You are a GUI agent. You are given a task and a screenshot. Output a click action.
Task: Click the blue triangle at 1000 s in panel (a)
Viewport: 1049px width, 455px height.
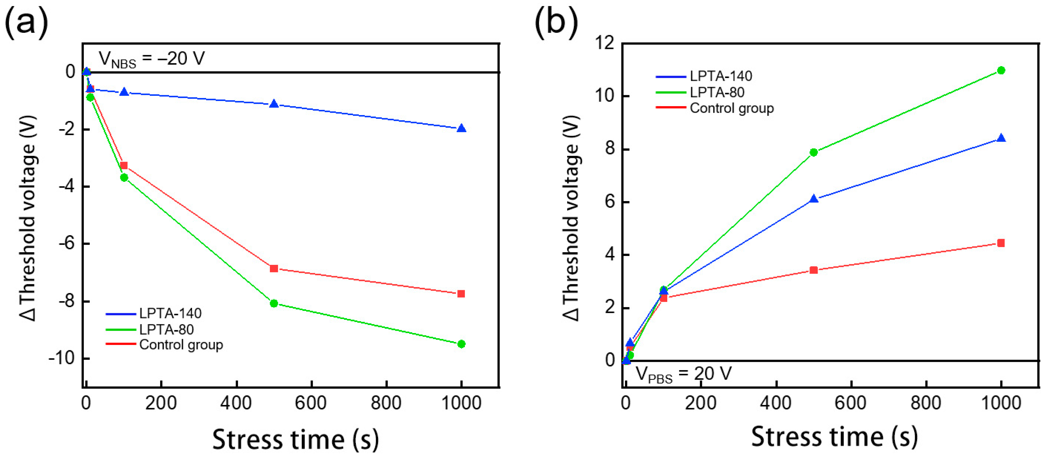[461, 128]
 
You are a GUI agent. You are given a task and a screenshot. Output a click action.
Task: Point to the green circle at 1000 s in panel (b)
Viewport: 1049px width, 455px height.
[1001, 70]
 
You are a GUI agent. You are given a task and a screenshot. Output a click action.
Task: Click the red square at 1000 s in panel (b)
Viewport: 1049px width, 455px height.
[1001, 243]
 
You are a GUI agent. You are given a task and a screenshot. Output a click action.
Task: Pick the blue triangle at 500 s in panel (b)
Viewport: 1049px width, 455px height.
[814, 199]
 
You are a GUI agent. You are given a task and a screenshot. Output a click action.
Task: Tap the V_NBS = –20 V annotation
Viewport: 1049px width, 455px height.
[151, 60]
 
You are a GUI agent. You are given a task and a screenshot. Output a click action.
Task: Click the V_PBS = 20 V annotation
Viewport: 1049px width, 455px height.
[683, 374]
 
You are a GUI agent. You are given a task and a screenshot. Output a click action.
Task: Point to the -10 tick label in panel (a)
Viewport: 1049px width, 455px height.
[62, 358]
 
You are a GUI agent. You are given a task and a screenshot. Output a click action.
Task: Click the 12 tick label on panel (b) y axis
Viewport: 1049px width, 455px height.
[604, 43]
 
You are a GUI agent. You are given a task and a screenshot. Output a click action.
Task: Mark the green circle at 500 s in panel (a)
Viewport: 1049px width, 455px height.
[274, 303]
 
